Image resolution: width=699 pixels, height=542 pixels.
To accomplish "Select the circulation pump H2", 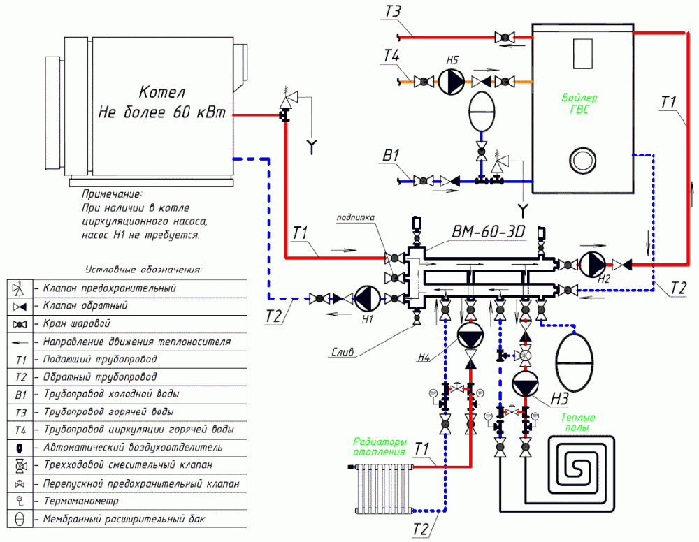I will (595, 263).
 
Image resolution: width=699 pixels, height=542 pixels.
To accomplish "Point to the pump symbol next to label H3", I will (525, 385).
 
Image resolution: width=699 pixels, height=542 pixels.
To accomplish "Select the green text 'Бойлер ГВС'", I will (579, 103).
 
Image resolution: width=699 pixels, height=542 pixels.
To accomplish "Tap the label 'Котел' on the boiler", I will (161, 93).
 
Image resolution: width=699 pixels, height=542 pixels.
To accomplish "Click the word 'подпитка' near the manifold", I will (355, 218).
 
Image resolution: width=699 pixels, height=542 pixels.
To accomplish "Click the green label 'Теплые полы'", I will (577, 422).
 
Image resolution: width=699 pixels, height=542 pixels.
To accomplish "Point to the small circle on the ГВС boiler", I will (581, 156).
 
